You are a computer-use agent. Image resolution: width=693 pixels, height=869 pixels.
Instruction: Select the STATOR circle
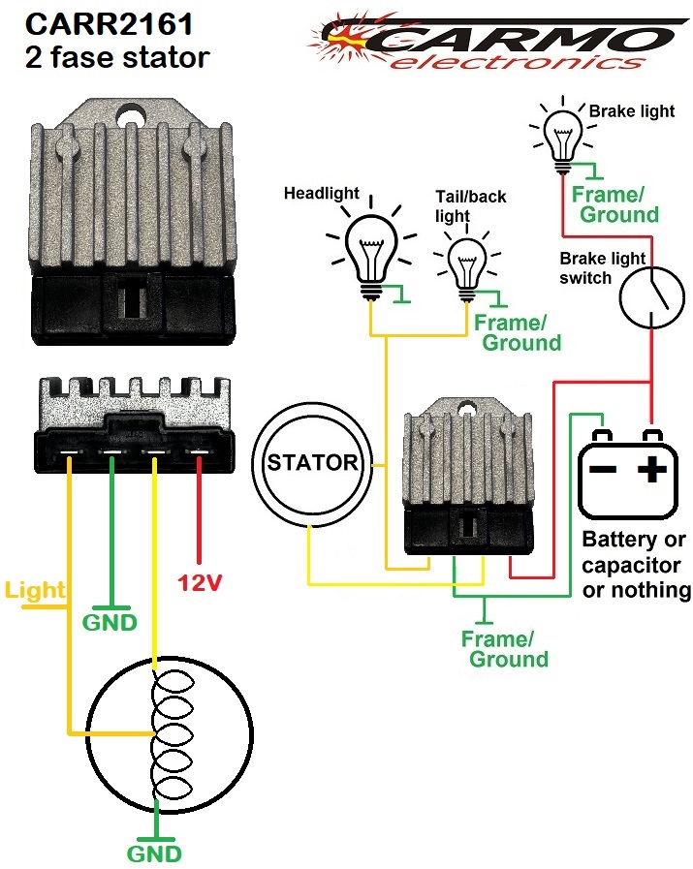(x=312, y=463)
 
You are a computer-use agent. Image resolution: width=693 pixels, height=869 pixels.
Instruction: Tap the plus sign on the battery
(x=651, y=471)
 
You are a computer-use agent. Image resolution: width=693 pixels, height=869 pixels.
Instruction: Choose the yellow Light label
(x=34, y=589)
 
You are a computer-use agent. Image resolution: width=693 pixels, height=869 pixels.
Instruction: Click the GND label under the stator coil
(x=153, y=854)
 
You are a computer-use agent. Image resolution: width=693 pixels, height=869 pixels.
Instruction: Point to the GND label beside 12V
(x=110, y=621)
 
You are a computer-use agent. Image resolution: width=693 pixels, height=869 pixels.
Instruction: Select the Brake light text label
(x=632, y=111)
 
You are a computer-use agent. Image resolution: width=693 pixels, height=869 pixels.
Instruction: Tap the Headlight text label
(x=320, y=194)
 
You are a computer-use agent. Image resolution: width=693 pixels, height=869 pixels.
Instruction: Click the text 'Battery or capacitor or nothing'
(x=634, y=565)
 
